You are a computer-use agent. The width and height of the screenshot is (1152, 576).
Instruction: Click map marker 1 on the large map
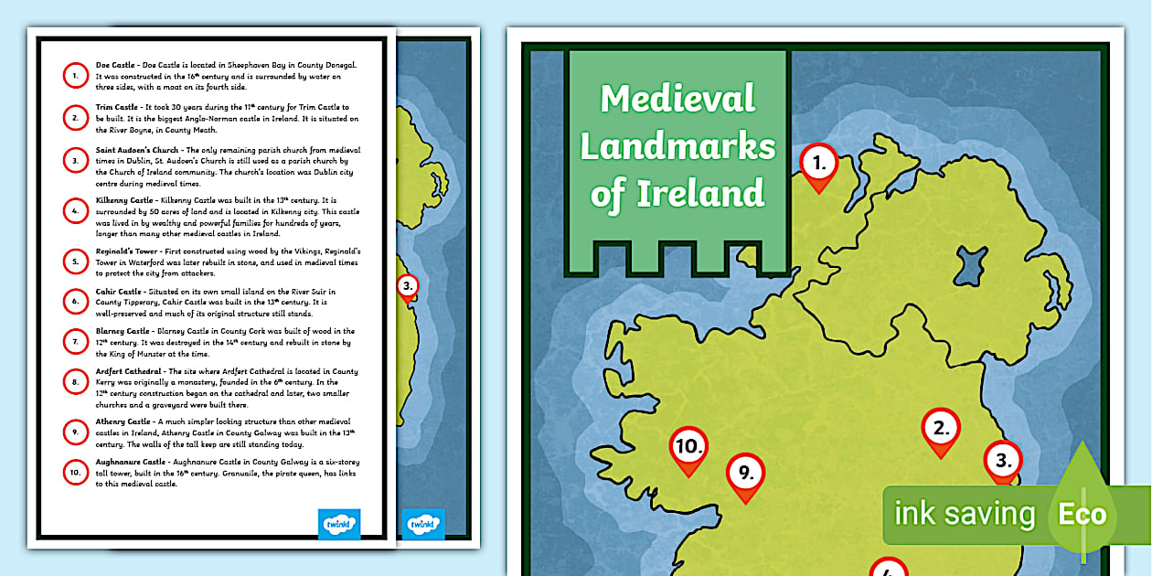pos(819,165)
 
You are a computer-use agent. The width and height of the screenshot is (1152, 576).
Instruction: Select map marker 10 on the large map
pos(689,447)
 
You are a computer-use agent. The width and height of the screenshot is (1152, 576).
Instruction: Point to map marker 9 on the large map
pos(745,474)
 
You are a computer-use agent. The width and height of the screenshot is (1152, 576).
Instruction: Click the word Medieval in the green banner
pos(677,99)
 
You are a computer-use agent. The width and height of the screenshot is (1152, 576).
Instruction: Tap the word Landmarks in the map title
pos(677,146)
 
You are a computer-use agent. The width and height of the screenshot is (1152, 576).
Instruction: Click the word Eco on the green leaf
pos(1082,515)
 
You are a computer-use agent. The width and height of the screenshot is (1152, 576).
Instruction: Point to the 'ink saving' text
pos(965,515)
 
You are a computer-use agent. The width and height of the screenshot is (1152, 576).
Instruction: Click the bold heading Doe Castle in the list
pos(115,66)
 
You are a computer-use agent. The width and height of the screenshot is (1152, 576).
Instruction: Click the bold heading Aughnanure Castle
pos(130,463)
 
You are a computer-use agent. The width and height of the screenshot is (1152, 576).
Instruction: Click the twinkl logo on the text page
pos(339,524)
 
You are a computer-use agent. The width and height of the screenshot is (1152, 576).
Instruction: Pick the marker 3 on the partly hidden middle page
pos(408,287)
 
